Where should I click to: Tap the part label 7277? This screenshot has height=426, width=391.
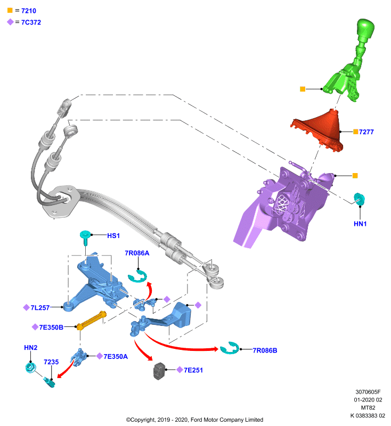point(366,132)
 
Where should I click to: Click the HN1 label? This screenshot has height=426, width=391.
point(360,224)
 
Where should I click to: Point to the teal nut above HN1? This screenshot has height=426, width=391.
point(359,199)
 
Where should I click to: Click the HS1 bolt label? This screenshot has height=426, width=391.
point(113,236)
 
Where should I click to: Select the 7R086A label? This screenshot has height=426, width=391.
point(137,253)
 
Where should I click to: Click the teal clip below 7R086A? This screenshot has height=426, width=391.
point(137,276)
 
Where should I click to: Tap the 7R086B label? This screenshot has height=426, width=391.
point(265,350)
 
